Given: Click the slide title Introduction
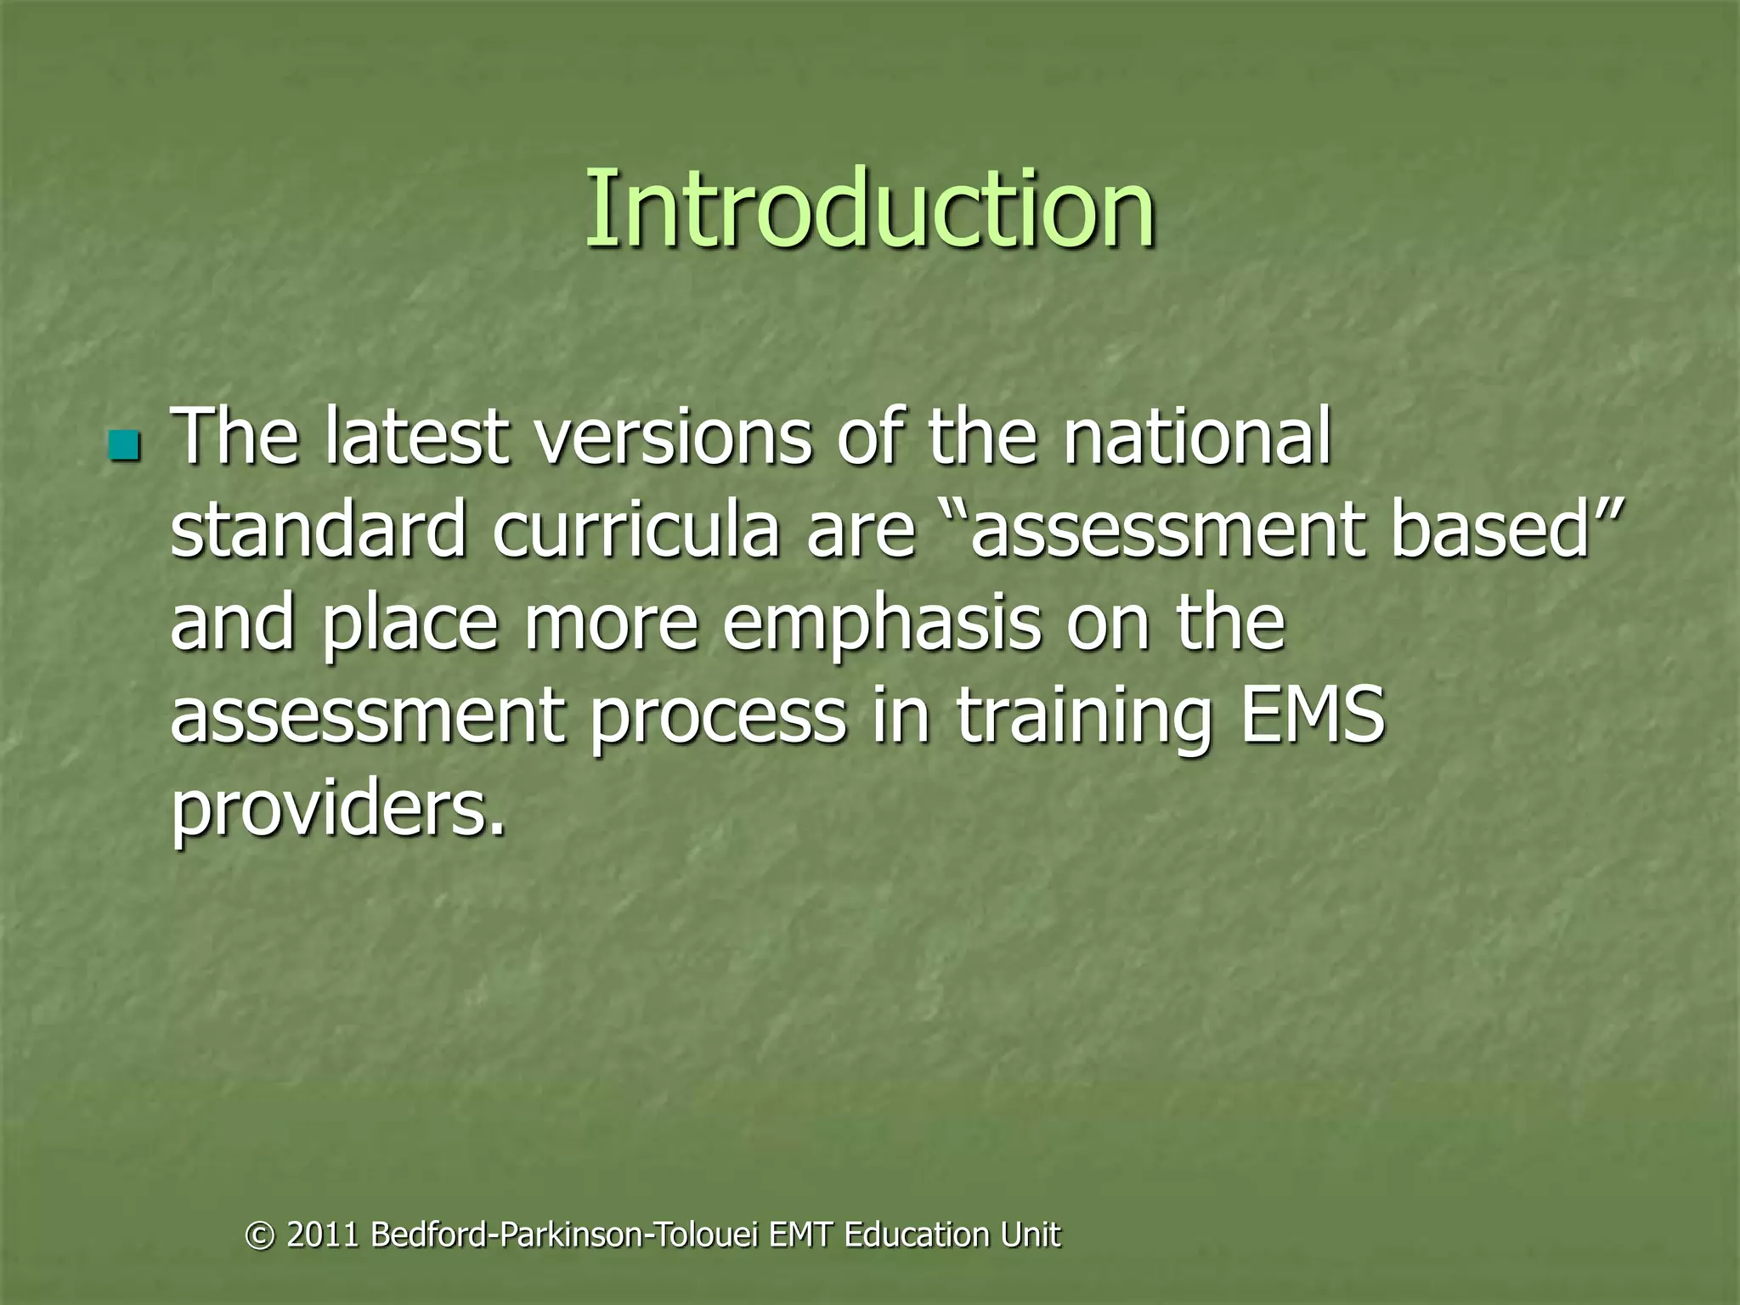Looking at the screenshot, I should tap(870, 208).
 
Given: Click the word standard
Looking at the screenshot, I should tap(318, 530).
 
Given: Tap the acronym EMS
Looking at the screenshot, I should tap(1312, 715).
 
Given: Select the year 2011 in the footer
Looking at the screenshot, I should tap(322, 1234).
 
